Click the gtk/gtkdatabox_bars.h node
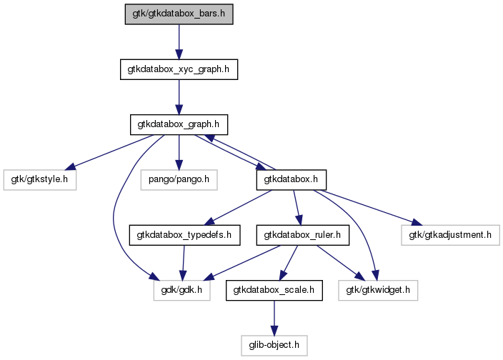tap(179, 14)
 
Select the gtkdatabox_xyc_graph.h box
tap(179, 69)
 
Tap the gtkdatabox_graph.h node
tap(179, 124)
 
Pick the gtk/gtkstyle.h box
tap(40, 179)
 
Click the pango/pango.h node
tap(179, 179)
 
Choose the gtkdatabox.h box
tap(292, 179)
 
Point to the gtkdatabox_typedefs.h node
tap(184, 235)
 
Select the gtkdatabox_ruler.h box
tap(302, 235)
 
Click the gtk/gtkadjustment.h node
tap(450, 235)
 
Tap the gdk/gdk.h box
tap(182, 290)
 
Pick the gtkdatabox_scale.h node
tap(274, 290)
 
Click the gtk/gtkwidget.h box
tap(378, 290)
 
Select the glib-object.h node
tap(274, 345)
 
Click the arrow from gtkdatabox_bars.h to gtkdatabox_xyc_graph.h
tap(179, 41)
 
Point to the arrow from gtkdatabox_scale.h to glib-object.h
tap(274, 318)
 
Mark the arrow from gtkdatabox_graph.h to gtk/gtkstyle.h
tap(110, 152)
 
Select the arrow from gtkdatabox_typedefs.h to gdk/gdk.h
tap(183, 263)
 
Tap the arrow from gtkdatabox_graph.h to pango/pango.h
tap(179, 152)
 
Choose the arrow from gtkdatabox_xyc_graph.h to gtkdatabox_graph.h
tap(179, 97)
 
